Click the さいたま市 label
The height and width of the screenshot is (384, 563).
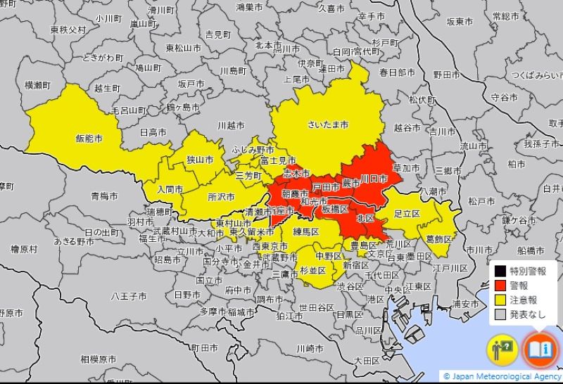[x=329, y=124]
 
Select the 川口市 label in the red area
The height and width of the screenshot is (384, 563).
[x=374, y=180]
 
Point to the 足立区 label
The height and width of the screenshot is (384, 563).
[x=407, y=213]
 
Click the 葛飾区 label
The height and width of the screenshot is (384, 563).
[x=439, y=238]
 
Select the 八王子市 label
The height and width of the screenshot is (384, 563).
[x=127, y=297]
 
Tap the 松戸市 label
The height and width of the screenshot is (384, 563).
[x=481, y=201]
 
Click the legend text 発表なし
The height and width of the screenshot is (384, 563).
[x=528, y=314]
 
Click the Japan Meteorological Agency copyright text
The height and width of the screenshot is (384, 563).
[x=502, y=376]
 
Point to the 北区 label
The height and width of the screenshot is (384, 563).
[x=365, y=219]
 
